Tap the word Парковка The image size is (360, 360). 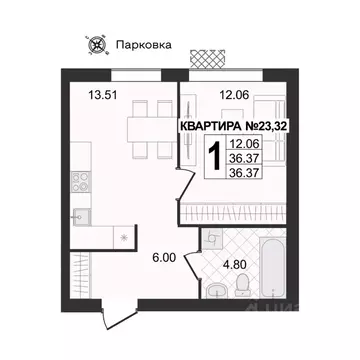(141, 44)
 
